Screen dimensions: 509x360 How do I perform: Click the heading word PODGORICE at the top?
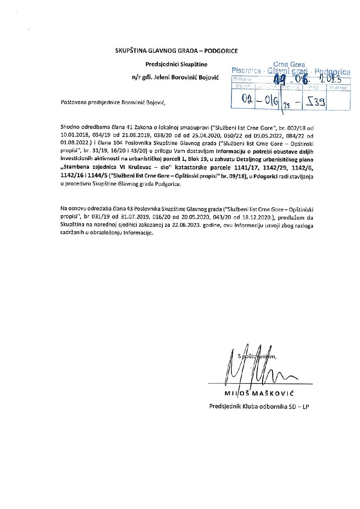(x=221, y=51)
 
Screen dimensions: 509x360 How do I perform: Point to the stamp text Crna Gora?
(x=289, y=65)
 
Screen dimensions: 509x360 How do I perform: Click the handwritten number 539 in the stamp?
(x=315, y=101)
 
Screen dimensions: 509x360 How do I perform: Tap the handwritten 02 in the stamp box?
(x=246, y=99)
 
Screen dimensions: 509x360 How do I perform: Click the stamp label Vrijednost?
(x=338, y=88)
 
